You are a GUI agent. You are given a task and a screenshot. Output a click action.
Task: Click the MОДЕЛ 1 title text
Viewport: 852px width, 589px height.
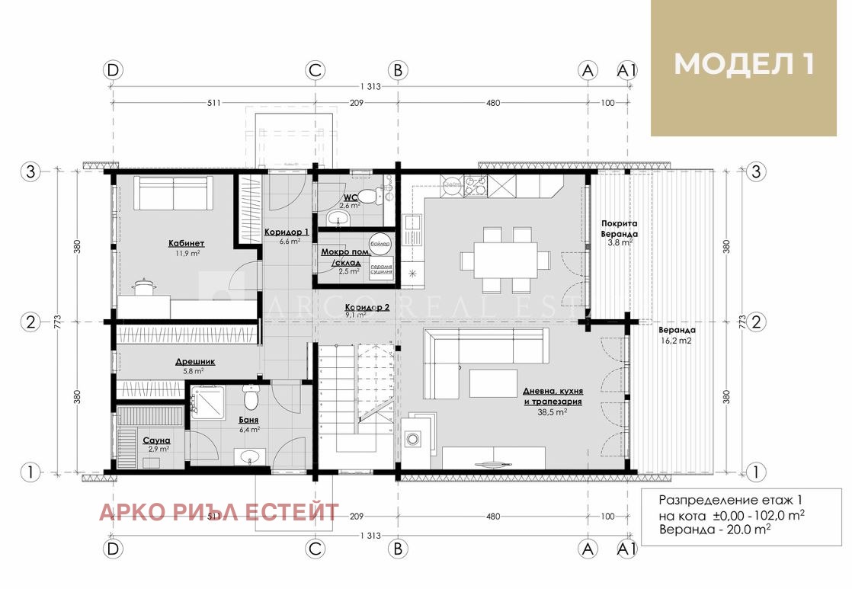pyautogui.click(x=744, y=64)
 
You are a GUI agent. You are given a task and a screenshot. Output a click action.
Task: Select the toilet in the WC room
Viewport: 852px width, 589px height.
pyautogui.click(x=369, y=196)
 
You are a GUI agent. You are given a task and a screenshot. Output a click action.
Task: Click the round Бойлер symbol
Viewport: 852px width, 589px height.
pyautogui.click(x=381, y=243)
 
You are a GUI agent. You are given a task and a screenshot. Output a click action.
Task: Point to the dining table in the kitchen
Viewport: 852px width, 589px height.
pyautogui.click(x=504, y=261)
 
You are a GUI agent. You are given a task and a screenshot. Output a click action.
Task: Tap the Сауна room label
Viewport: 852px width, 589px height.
pyautogui.click(x=156, y=440)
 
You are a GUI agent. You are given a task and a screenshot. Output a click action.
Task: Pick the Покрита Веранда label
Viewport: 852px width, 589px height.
pyautogui.click(x=619, y=229)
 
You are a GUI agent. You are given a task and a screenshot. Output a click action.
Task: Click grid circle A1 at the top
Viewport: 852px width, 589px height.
pyautogui.click(x=627, y=70)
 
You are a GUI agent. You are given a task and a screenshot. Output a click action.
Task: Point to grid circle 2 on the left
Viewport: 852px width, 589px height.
pyautogui.click(x=30, y=322)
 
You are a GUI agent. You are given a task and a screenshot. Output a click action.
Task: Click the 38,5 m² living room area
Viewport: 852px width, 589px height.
pyautogui.click(x=553, y=411)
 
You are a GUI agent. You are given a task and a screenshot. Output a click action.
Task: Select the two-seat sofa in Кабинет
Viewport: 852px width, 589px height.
pyautogui.click(x=174, y=194)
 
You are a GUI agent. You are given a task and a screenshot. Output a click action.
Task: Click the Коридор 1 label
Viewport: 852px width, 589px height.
pyautogui.click(x=287, y=232)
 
